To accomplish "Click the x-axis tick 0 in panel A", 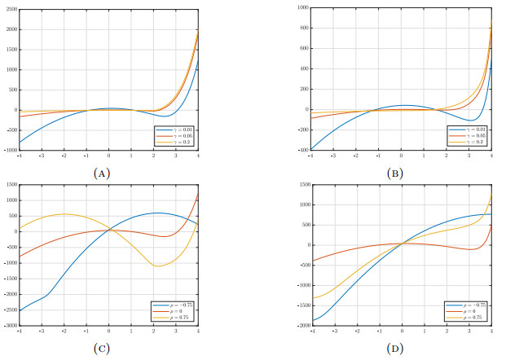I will click(109, 155).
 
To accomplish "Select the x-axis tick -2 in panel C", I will click(64, 331).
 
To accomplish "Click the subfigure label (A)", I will click(102, 173).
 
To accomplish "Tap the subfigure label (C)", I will click(102, 349).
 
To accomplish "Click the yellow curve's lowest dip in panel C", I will click(159, 266).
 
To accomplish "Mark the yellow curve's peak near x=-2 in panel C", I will click(64, 214).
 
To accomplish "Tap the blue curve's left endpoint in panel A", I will click(20, 143).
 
